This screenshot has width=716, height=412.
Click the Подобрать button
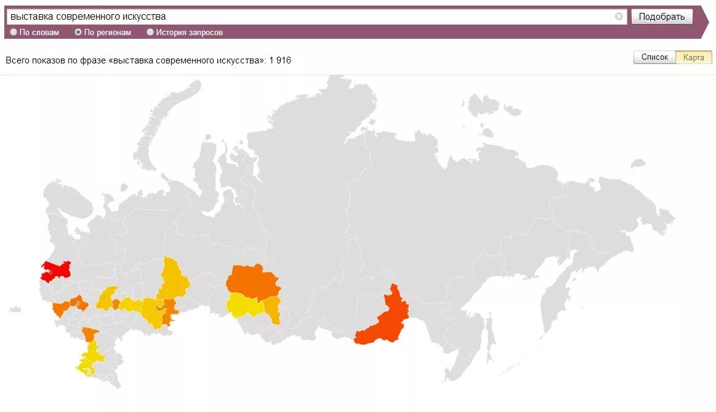click(x=661, y=17)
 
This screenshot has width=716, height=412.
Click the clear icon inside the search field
click(x=619, y=17)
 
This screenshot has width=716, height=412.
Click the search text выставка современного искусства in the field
click(x=88, y=17)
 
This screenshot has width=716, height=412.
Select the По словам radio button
click(x=14, y=33)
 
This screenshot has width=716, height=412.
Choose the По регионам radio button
click(x=78, y=33)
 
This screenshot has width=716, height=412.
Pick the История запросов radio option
click(x=150, y=33)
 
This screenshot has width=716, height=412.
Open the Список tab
click(x=654, y=57)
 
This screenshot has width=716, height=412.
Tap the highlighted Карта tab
click(x=694, y=57)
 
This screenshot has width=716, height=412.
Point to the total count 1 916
click(x=280, y=60)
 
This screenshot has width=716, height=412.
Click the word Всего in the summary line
click(x=18, y=60)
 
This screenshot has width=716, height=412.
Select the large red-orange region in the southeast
click(x=385, y=320)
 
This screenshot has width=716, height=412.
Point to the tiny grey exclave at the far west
click(x=15, y=309)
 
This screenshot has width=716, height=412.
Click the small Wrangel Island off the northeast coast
click(x=638, y=163)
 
